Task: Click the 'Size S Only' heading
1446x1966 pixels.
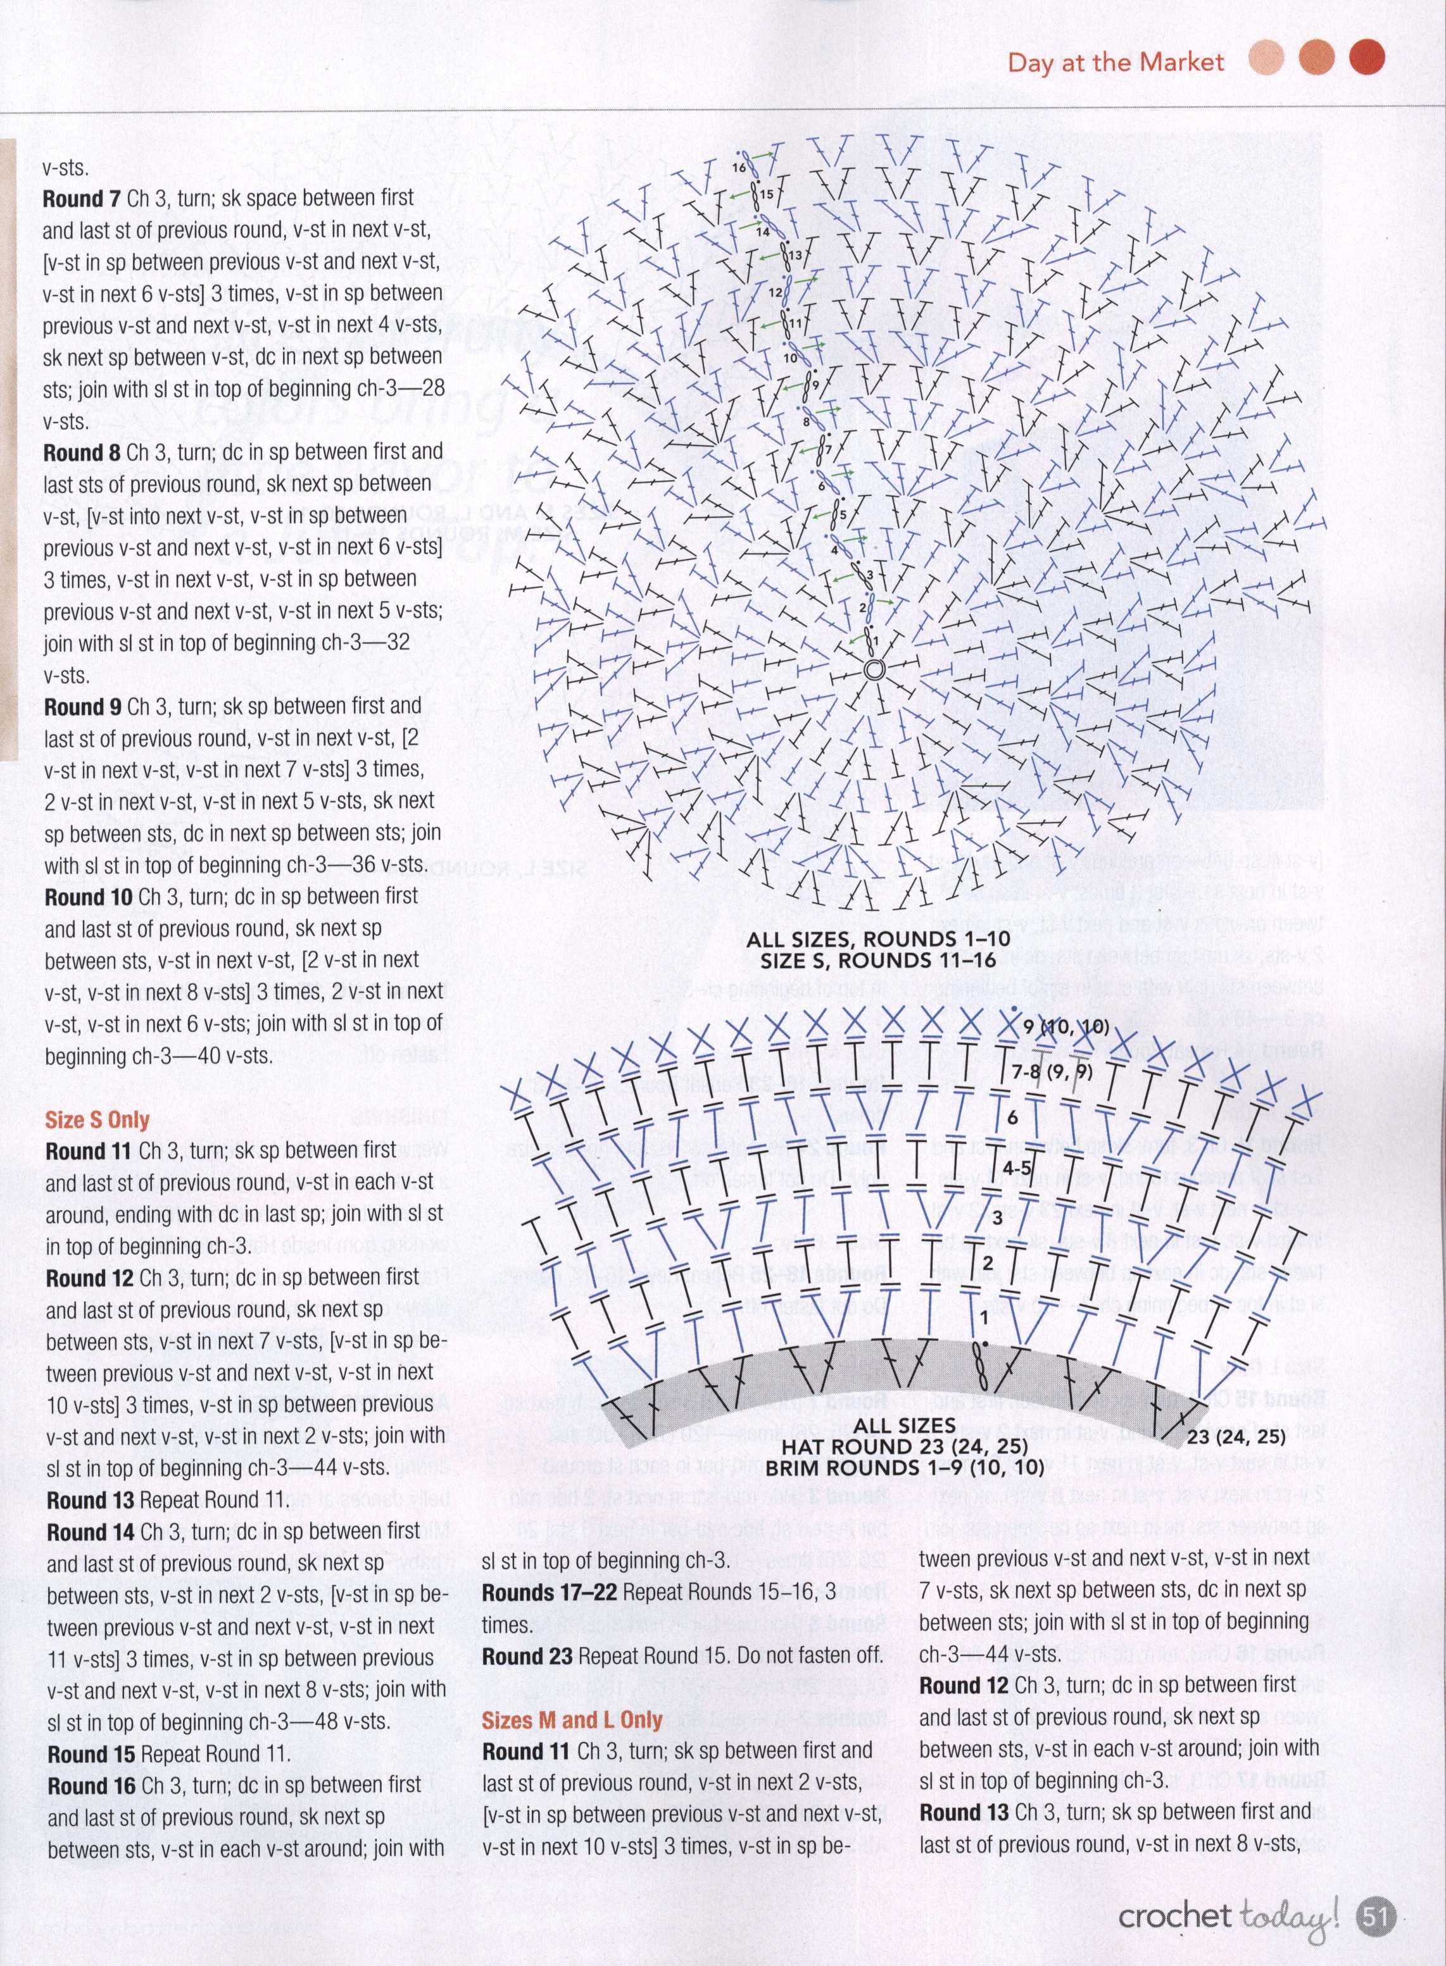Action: point(97,1120)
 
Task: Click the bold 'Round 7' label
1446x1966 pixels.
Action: point(82,199)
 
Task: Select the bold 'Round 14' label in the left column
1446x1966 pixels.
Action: point(89,1531)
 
